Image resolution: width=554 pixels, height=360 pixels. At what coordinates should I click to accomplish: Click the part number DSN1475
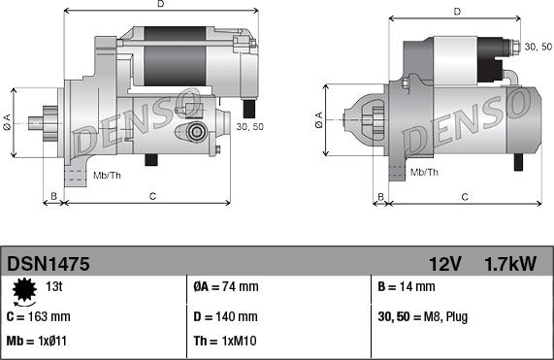coord(49,263)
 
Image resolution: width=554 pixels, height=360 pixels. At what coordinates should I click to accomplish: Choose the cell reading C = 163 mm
coord(39,316)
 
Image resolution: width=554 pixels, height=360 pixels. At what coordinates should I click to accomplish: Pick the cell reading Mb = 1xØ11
coord(37,343)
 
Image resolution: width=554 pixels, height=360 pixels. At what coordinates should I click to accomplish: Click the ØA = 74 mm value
coord(226,287)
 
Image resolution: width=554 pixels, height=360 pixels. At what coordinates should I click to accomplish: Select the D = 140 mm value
coord(225,316)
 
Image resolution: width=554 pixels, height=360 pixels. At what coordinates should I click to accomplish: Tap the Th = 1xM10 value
coord(224,343)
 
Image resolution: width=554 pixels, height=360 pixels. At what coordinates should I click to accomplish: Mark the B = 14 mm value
coord(407,287)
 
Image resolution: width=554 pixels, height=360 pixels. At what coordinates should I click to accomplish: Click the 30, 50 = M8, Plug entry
coord(423,316)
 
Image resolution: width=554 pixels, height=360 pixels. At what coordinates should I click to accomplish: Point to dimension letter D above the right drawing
coord(456,12)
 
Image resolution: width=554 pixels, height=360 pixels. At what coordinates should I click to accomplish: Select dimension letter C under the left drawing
coord(153,197)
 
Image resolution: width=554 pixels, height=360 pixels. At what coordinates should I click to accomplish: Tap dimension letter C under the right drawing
coord(465,197)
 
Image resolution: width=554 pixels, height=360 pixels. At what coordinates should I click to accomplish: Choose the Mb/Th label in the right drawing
coord(424,172)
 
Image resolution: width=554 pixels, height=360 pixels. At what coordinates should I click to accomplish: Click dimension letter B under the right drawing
coord(381,197)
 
